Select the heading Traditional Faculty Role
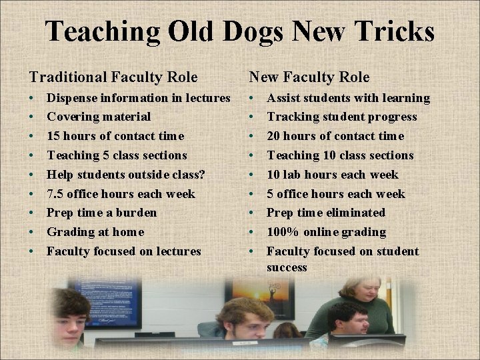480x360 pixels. [x=113, y=78]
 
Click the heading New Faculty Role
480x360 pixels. [x=309, y=78]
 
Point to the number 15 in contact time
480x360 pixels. [x=53, y=136]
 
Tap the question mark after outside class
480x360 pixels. [x=202, y=175]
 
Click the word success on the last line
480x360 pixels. [x=287, y=268]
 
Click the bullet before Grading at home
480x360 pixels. [x=32, y=232]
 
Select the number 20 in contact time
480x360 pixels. [x=274, y=136]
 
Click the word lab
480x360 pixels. [x=293, y=175]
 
